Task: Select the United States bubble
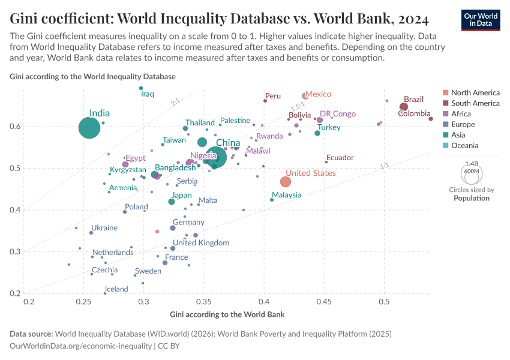point(286,182)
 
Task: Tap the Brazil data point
point(404,107)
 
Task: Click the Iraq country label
point(148,94)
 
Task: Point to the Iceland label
point(116,289)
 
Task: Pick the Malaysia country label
point(286,195)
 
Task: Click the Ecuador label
point(340,158)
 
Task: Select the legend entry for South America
point(475,103)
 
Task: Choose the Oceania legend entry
point(464,145)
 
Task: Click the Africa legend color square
point(445,114)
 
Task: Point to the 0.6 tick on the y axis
point(14,127)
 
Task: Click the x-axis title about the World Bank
point(227,314)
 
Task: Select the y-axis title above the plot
point(92,77)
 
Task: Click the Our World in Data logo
point(481,19)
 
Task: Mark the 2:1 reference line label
point(176,103)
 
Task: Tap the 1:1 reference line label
point(385,166)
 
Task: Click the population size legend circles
point(471,174)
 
